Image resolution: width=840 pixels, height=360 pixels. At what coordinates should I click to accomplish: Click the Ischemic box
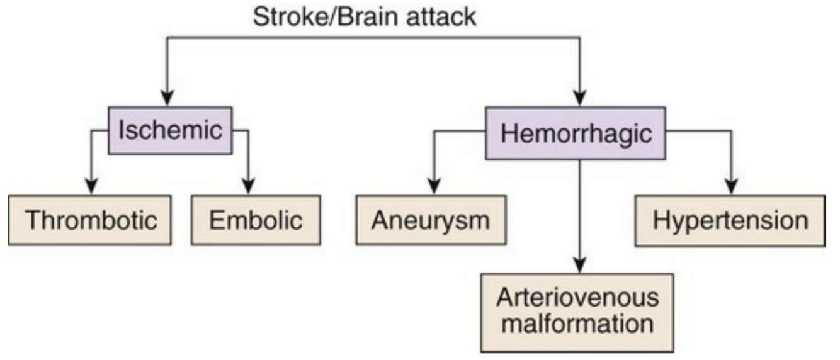point(170,131)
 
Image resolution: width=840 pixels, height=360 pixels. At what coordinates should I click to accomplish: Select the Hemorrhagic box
point(576,133)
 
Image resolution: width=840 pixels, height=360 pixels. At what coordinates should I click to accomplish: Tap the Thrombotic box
point(90,220)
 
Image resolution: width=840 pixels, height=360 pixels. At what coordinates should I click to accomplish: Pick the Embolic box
point(256,220)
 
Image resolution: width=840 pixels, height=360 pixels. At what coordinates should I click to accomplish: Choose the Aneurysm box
point(431,220)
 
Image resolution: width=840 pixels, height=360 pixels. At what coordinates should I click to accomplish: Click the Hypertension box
point(730,220)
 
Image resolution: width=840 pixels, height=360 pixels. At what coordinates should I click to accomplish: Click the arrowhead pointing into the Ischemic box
point(167,99)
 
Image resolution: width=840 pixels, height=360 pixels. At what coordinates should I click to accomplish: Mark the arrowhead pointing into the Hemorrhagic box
point(579,99)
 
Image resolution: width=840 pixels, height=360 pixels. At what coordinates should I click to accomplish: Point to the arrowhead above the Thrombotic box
point(91,187)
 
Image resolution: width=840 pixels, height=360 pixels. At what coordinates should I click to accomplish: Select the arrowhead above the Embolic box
point(247,187)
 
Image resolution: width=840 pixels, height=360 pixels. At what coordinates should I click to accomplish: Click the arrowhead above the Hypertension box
point(731,187)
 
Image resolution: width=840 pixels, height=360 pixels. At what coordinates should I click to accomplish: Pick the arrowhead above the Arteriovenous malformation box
point(579,265)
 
